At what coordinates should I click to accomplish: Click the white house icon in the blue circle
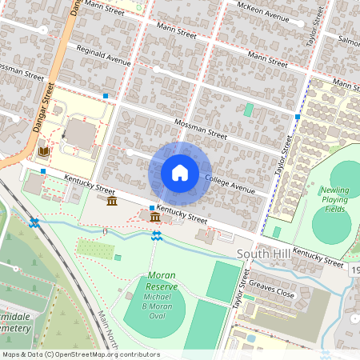(x=180, y=172)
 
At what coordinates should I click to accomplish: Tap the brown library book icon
(x=44, y=150)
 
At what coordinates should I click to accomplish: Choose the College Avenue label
(x=230, y=184)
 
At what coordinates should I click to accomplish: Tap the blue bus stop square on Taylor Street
(x=297, y=117)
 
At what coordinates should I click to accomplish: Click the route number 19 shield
(x=354, y=271)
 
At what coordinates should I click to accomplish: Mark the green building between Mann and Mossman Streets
(x=248, y=109)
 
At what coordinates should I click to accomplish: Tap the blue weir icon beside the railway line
(x=34, y=222)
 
